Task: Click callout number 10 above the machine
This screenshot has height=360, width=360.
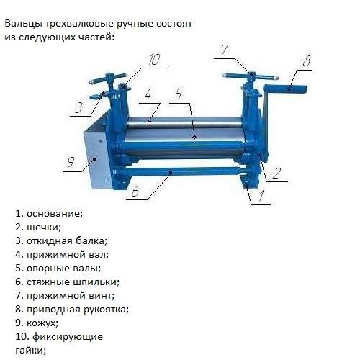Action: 153,60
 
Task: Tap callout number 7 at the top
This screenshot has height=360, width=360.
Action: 224,50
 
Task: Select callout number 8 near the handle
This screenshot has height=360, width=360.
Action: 307,62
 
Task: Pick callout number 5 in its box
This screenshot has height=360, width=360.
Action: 179,94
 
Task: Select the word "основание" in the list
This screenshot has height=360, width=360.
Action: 54,213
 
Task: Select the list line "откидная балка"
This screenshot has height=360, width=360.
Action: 61,240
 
